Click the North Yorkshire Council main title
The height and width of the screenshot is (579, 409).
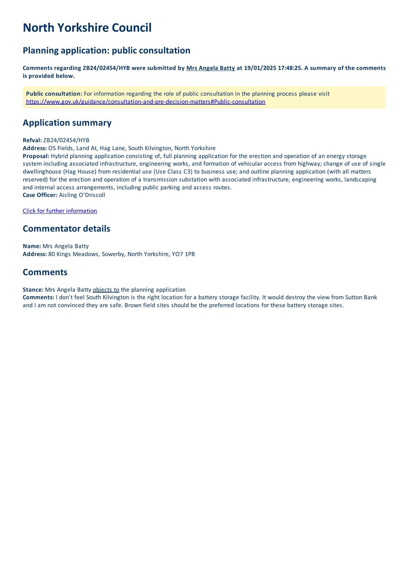87,28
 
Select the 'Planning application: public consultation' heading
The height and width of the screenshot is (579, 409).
106,50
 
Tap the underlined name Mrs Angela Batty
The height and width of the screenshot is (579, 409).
211,68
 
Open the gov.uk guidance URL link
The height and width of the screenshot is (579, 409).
146,102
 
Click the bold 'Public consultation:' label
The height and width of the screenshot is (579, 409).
54,94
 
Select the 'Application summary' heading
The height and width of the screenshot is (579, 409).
67,123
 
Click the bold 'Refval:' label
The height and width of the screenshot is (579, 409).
32,140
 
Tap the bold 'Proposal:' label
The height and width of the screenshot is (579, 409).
36,156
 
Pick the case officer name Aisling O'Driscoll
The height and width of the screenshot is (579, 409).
82,195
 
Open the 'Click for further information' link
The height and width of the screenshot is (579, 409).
60,211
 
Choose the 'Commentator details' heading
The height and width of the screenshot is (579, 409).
66,229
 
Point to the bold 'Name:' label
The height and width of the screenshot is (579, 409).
32,246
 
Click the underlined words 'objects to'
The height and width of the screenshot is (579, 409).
106,289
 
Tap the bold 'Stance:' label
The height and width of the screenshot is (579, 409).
33,289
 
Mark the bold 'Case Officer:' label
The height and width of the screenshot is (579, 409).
40,195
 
